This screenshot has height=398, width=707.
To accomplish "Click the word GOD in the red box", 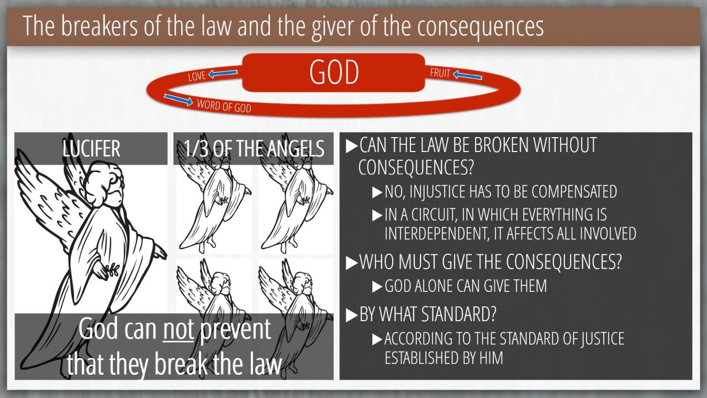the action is pos(334,72).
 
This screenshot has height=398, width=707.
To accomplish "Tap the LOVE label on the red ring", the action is pos(197,76).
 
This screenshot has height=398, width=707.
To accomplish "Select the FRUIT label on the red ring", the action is pos(440,73).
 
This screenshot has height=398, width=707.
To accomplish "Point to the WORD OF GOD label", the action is pos(224,106).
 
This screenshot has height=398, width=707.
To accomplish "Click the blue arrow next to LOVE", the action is pos(223,74).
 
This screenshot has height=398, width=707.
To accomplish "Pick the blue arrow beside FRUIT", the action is pos(467,75).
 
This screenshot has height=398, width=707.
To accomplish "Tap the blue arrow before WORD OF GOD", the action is pos(178,99).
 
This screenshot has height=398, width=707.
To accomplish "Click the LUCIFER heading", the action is pos(91,149).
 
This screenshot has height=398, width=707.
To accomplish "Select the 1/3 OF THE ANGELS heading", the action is pos(254,149).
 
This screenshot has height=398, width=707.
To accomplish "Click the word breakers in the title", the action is pos(99,26).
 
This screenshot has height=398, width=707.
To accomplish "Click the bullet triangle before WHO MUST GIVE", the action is pos(351,263).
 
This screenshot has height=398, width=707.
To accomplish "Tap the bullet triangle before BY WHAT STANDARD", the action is pos(351,315).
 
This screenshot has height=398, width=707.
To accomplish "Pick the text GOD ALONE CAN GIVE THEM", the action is pos(466,286).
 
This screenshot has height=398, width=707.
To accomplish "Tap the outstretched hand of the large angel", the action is pos(160,253).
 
